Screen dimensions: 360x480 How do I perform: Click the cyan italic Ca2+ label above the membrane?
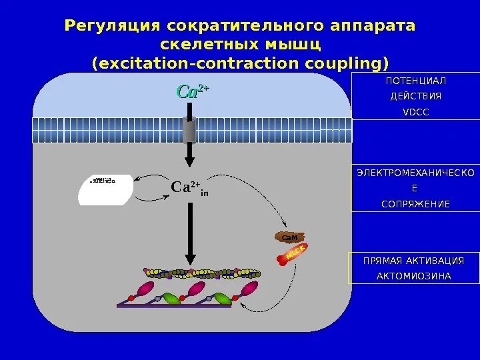tap(192, 92)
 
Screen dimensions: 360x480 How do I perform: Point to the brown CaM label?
tap(289, 237)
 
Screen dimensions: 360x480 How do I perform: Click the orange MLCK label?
tap(295, 252)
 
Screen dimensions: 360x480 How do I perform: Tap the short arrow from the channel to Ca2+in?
tap(189, 155)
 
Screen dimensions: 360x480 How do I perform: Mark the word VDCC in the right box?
tap(416, 111)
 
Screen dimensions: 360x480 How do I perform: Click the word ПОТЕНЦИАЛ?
tap(416, 81)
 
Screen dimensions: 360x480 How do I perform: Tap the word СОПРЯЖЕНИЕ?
tap(416, 203)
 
